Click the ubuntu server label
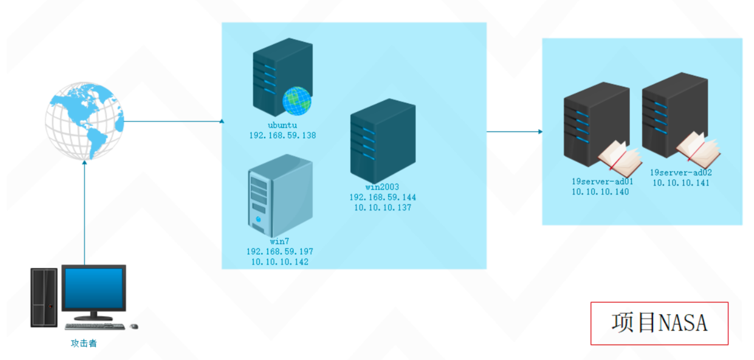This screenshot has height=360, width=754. [282, 125]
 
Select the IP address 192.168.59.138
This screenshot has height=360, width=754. [282, 135]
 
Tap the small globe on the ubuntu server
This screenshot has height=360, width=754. [297, 101]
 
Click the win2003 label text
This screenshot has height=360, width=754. [382, 187]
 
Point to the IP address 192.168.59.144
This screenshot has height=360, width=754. [383, 197]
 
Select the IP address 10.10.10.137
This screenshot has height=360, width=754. [383, 208]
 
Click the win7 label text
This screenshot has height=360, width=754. [279, 241]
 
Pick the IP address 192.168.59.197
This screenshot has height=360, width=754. [280, 251]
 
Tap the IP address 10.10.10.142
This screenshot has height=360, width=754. [280, 262]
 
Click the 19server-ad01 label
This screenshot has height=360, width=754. [602, 181]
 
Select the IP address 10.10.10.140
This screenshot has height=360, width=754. [600, 192]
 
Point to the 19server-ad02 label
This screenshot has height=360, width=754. [681, 173]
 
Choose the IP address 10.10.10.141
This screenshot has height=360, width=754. [681, 183]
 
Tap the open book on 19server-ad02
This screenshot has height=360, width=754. [698, 149]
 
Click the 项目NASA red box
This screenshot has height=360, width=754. [659, 323]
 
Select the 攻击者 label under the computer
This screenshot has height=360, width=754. [84, 343]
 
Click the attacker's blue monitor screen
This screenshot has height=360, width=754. [94, 288]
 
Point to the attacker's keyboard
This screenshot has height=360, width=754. [95, 326]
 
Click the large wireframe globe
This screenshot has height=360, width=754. [85, 121]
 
